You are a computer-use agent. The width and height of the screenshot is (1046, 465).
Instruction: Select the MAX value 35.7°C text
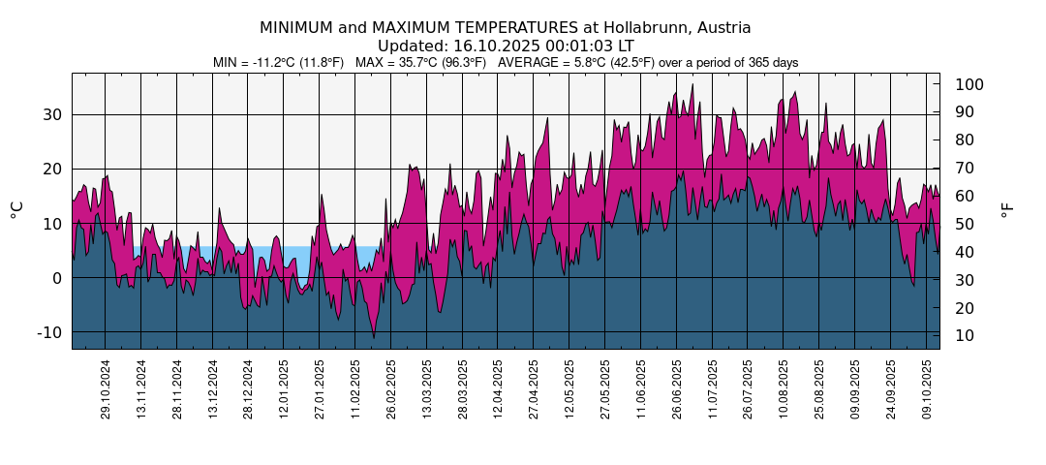(x=407, y=63)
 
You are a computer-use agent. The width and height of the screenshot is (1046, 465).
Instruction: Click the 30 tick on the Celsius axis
(x=50, y=114)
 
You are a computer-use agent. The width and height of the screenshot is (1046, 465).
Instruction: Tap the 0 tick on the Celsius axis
(x=56, y=278)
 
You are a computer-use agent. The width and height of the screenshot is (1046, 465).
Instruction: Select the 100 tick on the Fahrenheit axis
(x=969, y=85)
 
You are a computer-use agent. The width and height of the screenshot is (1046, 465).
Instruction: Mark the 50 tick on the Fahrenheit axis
(x=965, y=225)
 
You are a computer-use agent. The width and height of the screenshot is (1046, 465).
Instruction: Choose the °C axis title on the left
(x=16, y=209)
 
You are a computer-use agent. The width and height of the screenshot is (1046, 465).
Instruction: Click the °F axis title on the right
(x=1008, y=209)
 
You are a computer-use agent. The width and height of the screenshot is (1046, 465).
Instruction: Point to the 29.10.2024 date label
(x=106, y=388)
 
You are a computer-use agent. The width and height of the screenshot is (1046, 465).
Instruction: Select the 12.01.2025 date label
(x=284, y=388)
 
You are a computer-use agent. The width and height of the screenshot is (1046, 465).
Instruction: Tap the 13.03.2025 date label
(x=426, y=388)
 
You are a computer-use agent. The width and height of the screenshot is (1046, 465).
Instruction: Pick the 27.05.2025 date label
(x=604, y=388)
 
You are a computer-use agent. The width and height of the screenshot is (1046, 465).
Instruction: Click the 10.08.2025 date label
(x=783, y=388)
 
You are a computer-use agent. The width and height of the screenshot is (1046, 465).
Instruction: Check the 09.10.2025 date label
(x=926, y=388)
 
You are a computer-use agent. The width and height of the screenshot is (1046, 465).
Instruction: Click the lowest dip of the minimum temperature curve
(x=374, y=337)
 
